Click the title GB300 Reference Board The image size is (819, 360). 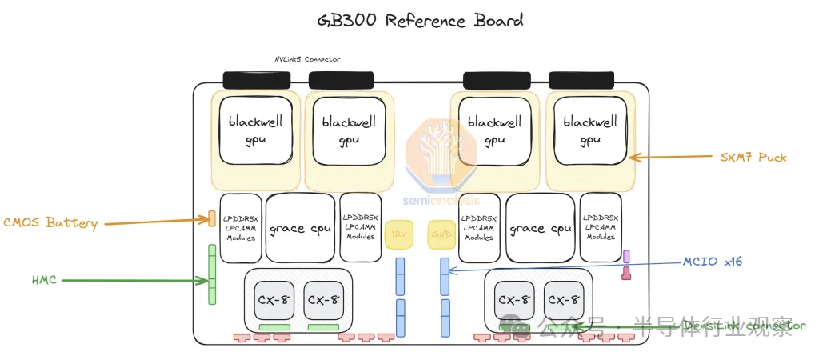(409, 19)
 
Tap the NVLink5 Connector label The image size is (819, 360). (307, 59)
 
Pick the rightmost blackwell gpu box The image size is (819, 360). (590, 131)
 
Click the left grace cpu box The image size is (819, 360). (300, 228)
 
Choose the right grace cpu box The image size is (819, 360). (541, 228)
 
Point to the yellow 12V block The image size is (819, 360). (398, 234)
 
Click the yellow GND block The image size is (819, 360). (441, 234)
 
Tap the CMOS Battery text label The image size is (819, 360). (50, 223)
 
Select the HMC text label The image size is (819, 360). (45, 280)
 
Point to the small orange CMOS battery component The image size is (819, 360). (212, 218)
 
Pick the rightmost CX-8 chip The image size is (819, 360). (565, 300)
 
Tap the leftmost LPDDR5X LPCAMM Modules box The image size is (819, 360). (240, 227)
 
